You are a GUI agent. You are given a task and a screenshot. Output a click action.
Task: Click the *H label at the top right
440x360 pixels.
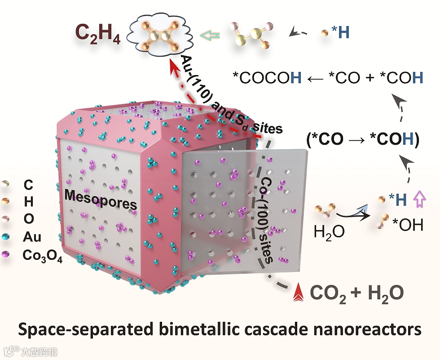pyautogui.click(x=340, y=32)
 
